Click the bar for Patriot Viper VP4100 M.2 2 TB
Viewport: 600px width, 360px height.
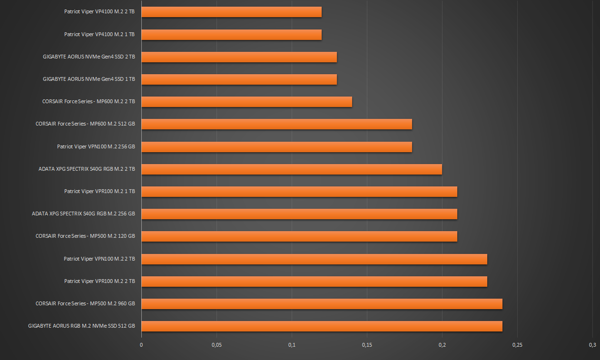(231, 12)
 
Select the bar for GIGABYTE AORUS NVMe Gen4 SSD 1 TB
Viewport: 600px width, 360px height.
(239, 79)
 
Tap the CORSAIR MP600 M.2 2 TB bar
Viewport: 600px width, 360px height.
(246, 102)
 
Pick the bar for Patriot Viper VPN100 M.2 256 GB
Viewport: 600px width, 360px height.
(276, 146)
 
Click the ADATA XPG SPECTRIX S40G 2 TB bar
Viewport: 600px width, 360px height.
(292, 169)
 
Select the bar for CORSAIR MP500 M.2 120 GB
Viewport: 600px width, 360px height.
(299, 236)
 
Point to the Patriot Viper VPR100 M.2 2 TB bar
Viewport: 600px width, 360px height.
(314, 281)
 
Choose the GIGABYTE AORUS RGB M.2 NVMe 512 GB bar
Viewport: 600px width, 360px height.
(322, 326)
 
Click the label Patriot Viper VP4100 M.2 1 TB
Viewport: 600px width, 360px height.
(99, 34)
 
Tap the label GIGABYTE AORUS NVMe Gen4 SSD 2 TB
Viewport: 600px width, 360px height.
(89, 57)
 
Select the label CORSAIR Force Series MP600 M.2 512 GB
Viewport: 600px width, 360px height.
(85, 124)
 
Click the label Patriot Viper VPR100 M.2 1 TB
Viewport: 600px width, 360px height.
(99, 191)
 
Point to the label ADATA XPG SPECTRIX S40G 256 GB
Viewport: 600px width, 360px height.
(83, 214)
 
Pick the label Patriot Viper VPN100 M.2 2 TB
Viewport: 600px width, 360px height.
(99, 259)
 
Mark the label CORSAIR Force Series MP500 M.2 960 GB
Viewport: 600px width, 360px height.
(85, 303)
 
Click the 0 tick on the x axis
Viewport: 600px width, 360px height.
(141, 345)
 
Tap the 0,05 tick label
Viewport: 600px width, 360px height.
(216, 345)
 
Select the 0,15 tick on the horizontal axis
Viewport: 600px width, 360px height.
(367, 345)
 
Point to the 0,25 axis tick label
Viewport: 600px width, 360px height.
(517, 345)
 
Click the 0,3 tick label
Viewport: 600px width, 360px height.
(592, 345)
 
